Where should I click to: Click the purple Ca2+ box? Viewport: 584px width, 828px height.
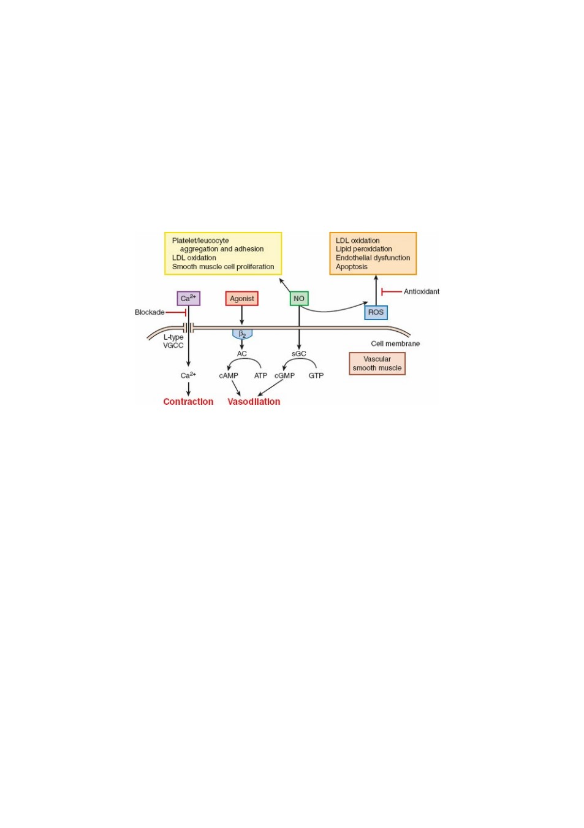(x=188, y=298)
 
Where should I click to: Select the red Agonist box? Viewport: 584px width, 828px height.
(x=241, y=298)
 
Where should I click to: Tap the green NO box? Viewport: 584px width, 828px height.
(x=299, y=298)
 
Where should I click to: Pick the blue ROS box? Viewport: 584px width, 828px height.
(x=376, y=312)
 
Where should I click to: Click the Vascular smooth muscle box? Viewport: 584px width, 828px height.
(x=377, y=363)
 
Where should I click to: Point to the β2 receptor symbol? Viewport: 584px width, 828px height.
(x=242, y=334)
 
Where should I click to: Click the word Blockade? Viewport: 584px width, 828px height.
(x=150, y=312)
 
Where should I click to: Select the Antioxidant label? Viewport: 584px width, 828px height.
(x=422, y=291)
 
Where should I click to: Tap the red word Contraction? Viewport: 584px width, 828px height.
(x=188, y=402)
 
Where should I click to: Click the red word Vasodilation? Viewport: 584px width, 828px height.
(x=254, y=402)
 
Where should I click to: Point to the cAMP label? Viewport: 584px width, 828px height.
(x=229, y=375)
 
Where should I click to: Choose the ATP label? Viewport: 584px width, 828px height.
(x=260, y=375)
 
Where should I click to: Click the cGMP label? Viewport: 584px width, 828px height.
(x=284, y=375)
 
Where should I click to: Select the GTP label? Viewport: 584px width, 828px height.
(x=316, y=375)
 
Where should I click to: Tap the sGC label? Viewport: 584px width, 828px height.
(x=299, y=354)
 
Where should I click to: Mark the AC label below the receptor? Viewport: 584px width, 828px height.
(x=241, y=354)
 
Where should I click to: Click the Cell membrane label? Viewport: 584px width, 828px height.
(x=395, y=343)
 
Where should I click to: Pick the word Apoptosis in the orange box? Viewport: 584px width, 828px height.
(x=351, y=267)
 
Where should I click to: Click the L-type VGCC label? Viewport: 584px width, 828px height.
(x=173, y=341)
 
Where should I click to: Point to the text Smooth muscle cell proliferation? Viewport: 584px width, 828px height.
(x=223, y=267)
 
